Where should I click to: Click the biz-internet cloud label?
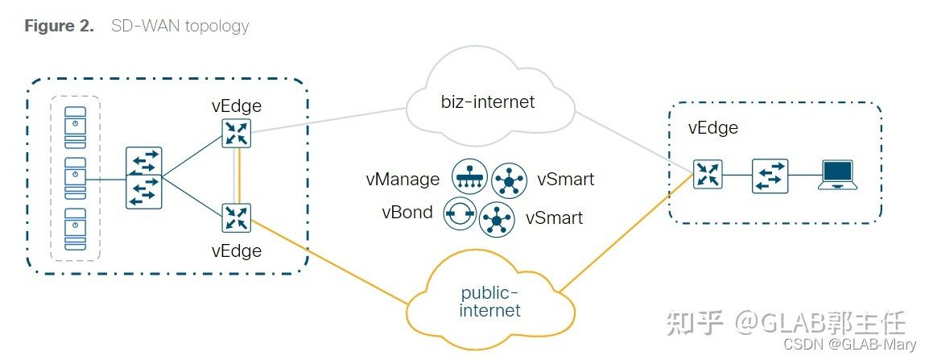click(x=488, y=102)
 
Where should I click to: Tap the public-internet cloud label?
click(x=489, y=301)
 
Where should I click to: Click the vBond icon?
click(x=460, y=214)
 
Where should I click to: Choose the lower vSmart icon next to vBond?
click(x=497, y=218)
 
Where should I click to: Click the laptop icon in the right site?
click(x=837, y=174)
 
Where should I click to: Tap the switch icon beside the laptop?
click(x=770, y=175)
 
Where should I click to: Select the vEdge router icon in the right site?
click(x=708, y=174)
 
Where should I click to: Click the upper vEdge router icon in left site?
click(x=237, y=132)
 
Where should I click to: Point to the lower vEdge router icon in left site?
click(x=237, y=217)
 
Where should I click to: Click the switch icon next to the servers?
click(x=144, y=178)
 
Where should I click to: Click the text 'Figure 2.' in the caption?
click(x=60, y=26)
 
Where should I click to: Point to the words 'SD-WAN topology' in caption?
click(x=180, y=26)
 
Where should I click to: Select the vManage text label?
click(x=400, y=179)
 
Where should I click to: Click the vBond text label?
click(x=407, y=213)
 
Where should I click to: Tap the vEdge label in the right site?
click(x=712, y=127)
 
